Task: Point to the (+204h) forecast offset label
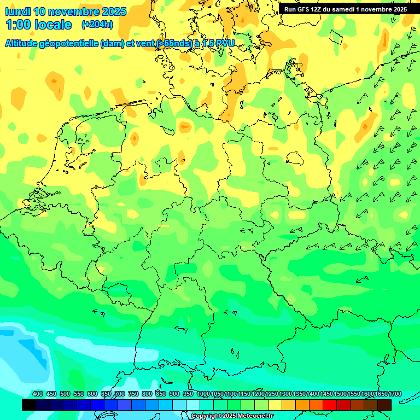click(x=97, y=25)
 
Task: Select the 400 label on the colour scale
click(x=38, y=394)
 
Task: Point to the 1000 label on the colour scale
click(x=203, y=394)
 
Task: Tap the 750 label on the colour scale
click(x=133, y=394)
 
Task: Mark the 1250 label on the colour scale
click(x=272, y=394)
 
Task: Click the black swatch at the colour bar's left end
click(x=29, y=405)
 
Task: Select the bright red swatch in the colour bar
click(x=330, y=405)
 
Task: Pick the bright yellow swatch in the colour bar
click(x=275, y=405)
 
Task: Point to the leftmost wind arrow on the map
click(x=99, y=312)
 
